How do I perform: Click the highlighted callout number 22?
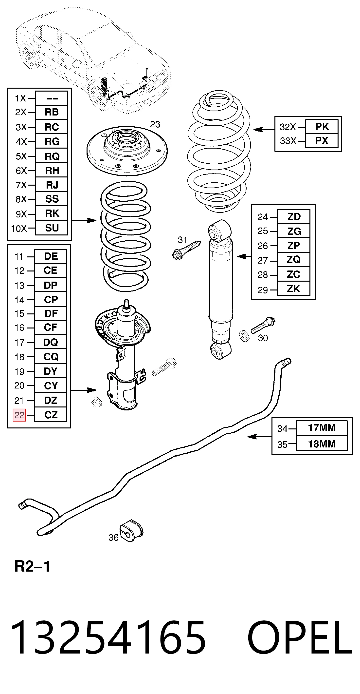(x=19, y=415)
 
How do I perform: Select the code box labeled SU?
(x=52, y=228)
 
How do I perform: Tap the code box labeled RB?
(x=52, y=112)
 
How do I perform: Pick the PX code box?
(x=322, y=141)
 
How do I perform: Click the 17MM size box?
(x=322, y=428)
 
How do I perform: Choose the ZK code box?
(x=293, y=289)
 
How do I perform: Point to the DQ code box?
(x=51, y=342)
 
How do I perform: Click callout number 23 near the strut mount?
(x=155, y=124)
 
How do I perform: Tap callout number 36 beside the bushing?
(x=113, y=538)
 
